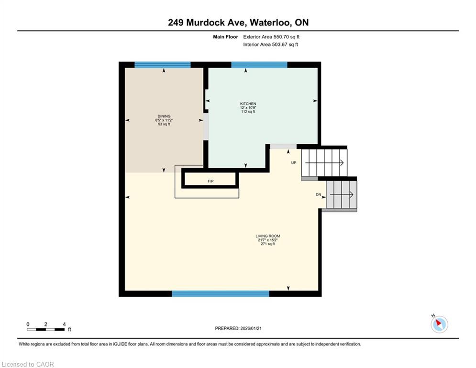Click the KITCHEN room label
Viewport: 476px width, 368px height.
tap(248, 103)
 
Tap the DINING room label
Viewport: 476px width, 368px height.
tap(164, 116)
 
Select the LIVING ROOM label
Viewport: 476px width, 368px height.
tap(268, 236)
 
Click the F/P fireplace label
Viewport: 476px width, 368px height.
tap(210, 181)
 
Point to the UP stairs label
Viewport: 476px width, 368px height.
tap(294, 163)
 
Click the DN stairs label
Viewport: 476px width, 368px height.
tap(319, 195)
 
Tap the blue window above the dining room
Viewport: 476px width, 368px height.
tap(162, 65)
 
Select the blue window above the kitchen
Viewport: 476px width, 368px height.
tap(259, 65)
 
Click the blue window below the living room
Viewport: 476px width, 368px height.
tap(221, 293)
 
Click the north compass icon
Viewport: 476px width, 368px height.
tap(439, 324)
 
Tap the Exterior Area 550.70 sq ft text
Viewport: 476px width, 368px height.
tap(271, 37)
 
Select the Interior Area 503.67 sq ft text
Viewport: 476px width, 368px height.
tap(270, 45)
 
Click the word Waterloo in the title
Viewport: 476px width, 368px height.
tap(270, 23)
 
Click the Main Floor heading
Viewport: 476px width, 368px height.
tap(225, 37)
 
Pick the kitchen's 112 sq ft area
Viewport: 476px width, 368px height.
tap(248, 112)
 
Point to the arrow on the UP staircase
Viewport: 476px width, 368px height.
tap(324, 163)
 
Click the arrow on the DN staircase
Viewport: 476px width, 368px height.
tap(342, 195)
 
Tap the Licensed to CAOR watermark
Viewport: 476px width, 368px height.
tap(28, 364)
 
